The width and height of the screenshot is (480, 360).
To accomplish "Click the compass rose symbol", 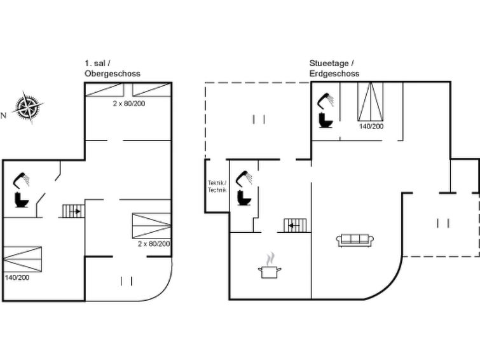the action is tap(28, 107).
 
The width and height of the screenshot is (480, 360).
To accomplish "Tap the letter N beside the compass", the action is tap(3, 116).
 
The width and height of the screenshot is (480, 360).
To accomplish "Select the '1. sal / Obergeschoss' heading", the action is tap(113, 69).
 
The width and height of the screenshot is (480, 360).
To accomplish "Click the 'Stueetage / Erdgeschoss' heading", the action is tap(334, 69).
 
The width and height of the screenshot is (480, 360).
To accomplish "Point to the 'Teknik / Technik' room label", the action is tap(217, 186).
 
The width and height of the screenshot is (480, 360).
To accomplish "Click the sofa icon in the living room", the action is tap(355, 240).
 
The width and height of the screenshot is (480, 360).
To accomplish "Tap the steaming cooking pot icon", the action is tap(270, 266).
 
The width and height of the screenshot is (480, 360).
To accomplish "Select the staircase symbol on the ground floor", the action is tap(295, 225).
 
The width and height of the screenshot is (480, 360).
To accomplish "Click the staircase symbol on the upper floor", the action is tap(74, 211).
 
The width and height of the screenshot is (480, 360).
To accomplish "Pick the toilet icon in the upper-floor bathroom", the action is tap(22, 200).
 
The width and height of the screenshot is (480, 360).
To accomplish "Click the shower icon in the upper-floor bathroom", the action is tap(22, 180).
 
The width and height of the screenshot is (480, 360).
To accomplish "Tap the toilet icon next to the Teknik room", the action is tap(244, 198).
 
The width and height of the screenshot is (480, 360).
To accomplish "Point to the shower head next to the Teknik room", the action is tap(244, 178).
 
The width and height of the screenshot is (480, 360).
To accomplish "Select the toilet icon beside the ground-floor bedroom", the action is tap(326, 120).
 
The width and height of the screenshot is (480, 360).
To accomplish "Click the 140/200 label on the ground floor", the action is tap(371, 126).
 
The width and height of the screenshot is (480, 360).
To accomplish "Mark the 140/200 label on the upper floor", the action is tap(17, 277).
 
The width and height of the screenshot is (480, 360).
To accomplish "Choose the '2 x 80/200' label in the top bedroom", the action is tap(129, 104).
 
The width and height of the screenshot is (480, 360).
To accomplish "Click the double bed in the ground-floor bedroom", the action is tap(371, 101).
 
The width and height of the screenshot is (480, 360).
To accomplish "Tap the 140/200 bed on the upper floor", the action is tap(22, 259).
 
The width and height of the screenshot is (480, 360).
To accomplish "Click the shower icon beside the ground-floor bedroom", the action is tap(326, 100).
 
